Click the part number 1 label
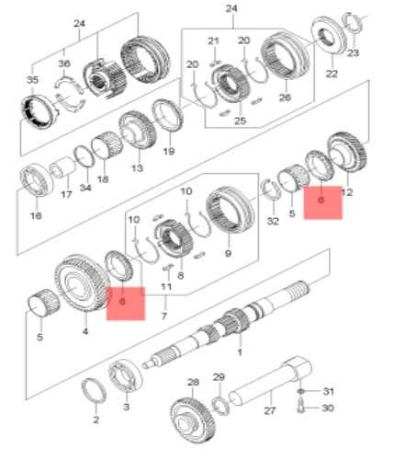tap(240, 352)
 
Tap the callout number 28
tap(193, 382)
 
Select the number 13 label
tap(137, 168)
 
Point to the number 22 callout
tap(332, 74)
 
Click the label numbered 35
tap(32, 80)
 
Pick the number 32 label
tap(273, 221)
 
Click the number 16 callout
tap(36, 216)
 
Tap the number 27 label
tap(270, 410)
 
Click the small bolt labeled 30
tap(300, 408)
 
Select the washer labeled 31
tap(300, 392)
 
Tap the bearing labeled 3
tap(125, 375)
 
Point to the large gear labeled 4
tap(82, 283)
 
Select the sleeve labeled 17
tap(62, 167)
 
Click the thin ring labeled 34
tap(84, 156)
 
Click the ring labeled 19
tap(168, 116)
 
